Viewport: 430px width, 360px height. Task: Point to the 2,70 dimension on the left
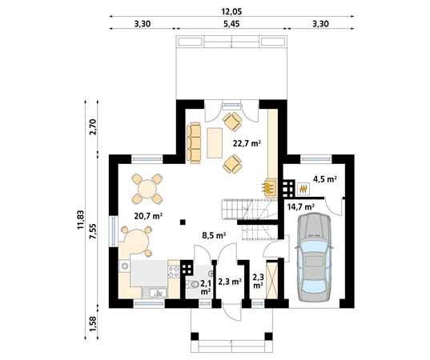[x=94, y=126]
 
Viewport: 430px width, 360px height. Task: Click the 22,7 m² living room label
[x=246, y=144]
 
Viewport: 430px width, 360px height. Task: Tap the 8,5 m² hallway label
[x=213, y=235]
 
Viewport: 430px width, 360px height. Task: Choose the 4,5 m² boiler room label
[x=324, y=179]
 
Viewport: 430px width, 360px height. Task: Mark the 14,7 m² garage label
[x=300, y=206]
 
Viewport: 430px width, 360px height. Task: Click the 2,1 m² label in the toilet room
[x=205, y=287]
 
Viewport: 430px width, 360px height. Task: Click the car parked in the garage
[x=311, y=254]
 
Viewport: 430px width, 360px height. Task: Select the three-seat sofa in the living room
[x=195, y=142]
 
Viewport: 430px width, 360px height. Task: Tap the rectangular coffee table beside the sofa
[x=214, y=142]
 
